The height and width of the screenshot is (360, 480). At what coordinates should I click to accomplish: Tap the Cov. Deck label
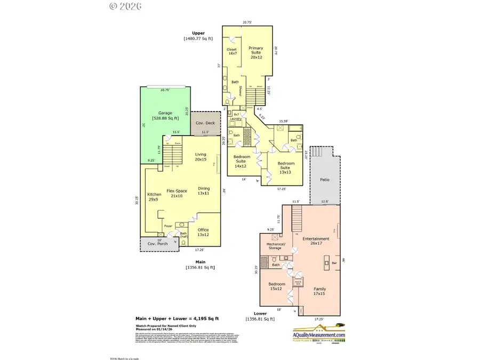tap(205, 123)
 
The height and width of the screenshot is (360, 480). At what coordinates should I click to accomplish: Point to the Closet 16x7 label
tap(232, 52)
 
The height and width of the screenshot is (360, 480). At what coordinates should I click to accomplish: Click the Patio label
tap(324, 180)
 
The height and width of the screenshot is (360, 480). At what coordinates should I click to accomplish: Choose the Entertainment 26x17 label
tap(316, 241)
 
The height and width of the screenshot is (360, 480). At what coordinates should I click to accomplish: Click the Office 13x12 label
tap(203, 232)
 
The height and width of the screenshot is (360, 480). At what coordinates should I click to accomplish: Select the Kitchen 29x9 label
tap(154, 197)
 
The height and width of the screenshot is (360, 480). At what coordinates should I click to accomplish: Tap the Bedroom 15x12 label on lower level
tap(277, 286)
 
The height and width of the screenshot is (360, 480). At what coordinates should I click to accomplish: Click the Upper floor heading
tap(198, 33)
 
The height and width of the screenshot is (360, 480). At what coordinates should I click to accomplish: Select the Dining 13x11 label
tap(204, 190)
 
